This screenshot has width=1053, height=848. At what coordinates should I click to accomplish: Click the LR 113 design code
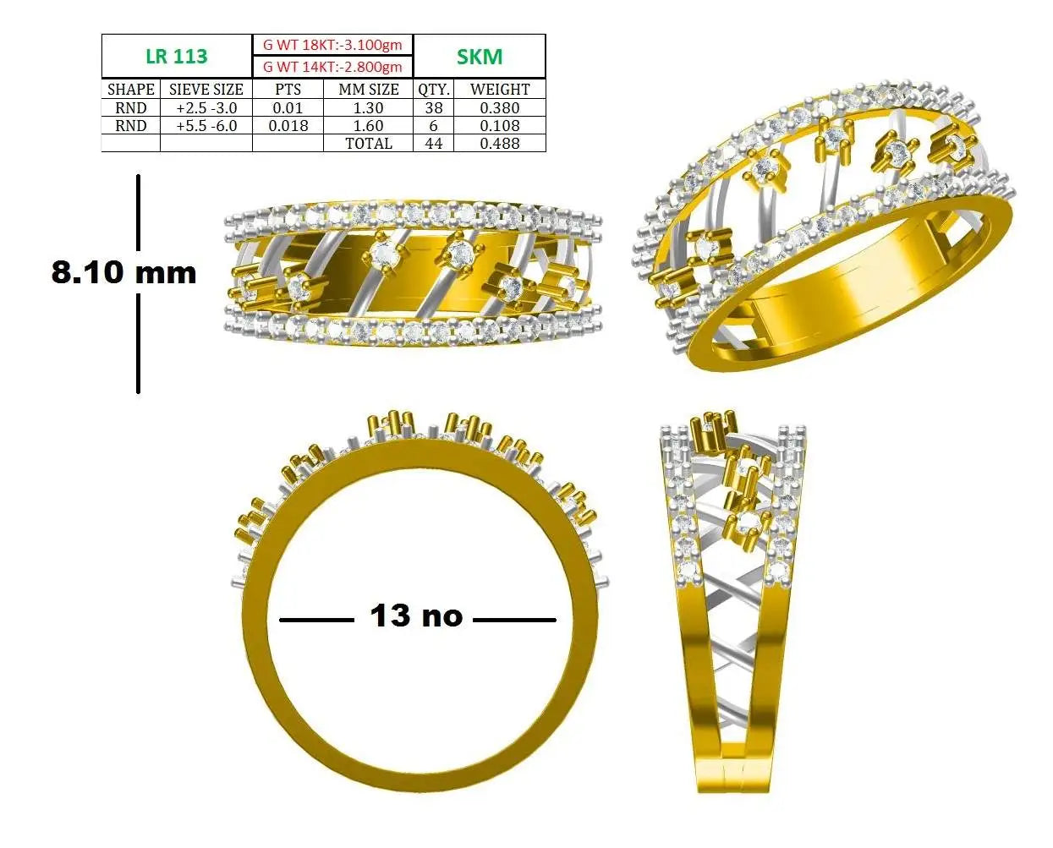pyautogui.click(x=177, y=57)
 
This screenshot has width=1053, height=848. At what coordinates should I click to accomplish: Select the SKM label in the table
pyautogui.click(x=480, y=57)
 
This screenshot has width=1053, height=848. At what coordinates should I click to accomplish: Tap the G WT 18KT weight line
pyautogui.click(x=332, y=45)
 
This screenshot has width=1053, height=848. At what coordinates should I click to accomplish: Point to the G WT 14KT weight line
pyautogui.click(x=332, y=67)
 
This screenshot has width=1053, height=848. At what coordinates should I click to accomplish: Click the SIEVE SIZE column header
pyautogui.click(x=206, y=90)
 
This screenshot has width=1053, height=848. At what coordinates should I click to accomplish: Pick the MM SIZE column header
pyautogui.click(x=369, y=90)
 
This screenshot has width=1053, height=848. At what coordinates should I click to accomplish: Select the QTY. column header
pyautogui.click(x=434, y=90)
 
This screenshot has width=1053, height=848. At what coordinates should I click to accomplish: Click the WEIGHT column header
pyautogui.click(x=500, y=90)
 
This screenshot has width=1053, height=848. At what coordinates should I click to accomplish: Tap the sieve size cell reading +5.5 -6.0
pyautogui.click(x=206, y=126)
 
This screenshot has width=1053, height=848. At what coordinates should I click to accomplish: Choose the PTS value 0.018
pyautogui.click(x=288, y=126)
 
